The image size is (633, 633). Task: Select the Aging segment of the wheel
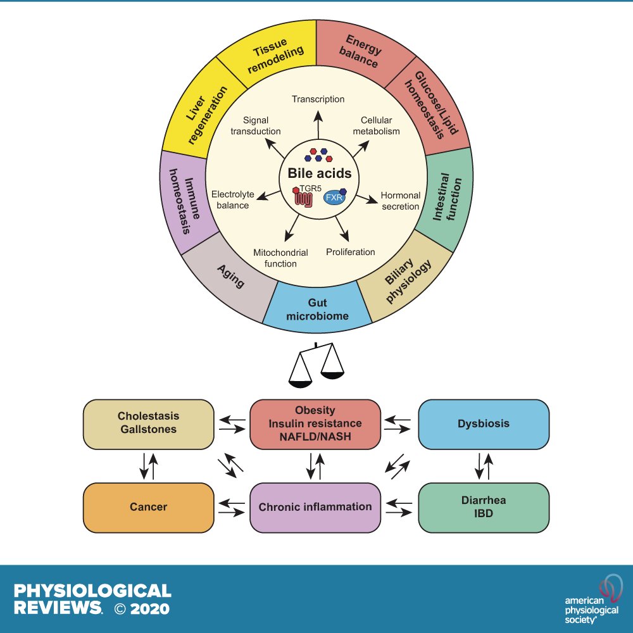(x=230, y=275)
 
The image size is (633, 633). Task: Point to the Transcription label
(x=318, y=99)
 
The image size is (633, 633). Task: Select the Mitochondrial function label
(x=280, y=258)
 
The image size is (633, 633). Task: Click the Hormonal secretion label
(x=399, y=201)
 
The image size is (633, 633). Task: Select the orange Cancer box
(x=149, y=507)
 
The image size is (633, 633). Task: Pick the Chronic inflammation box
(x=315, y=507)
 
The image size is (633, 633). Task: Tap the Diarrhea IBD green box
(x=483, y=507)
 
